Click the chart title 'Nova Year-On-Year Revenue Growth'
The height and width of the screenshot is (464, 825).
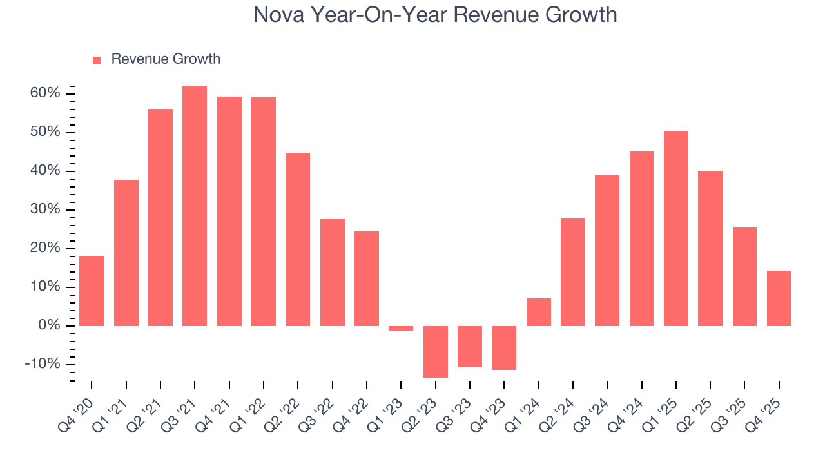pos(435,15)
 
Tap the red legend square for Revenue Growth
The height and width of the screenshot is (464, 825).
pos(97,60)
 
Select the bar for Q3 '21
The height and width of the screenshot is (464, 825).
pos(195,206)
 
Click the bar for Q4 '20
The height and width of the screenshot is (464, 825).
pos(92,291)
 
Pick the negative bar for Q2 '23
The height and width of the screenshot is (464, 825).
pos(435,351)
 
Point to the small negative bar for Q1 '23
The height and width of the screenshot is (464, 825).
pos(401,329)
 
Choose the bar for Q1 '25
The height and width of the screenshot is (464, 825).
pos(676,228)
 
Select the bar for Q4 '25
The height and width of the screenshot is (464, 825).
pos(779,298)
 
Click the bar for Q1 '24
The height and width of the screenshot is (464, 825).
pos(539,312)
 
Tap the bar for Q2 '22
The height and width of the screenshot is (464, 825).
pos(298,239)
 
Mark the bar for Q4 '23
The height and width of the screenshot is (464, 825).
pos(504,347)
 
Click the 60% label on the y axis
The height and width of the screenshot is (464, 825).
pos(45,93)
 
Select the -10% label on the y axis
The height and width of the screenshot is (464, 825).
pos(43,364)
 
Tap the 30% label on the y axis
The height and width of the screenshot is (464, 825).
pos(45,209)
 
